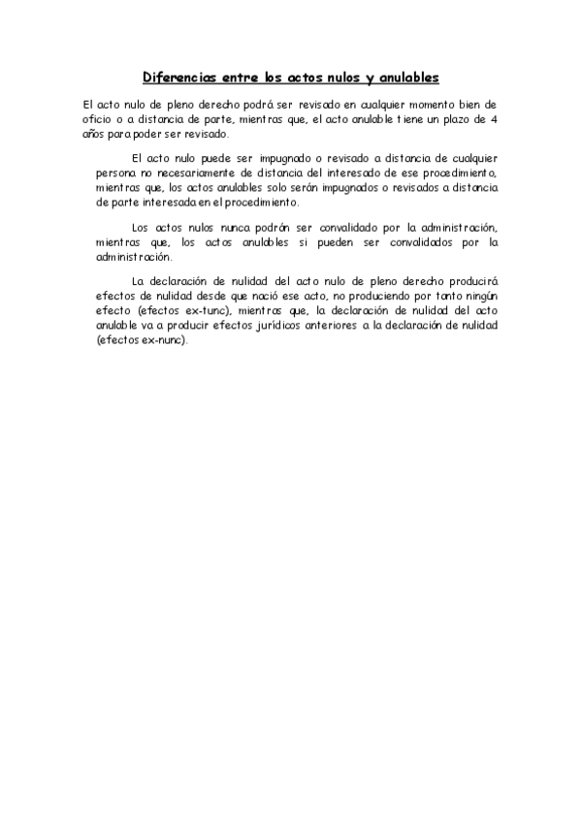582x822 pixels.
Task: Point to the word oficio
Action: point(99,119)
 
